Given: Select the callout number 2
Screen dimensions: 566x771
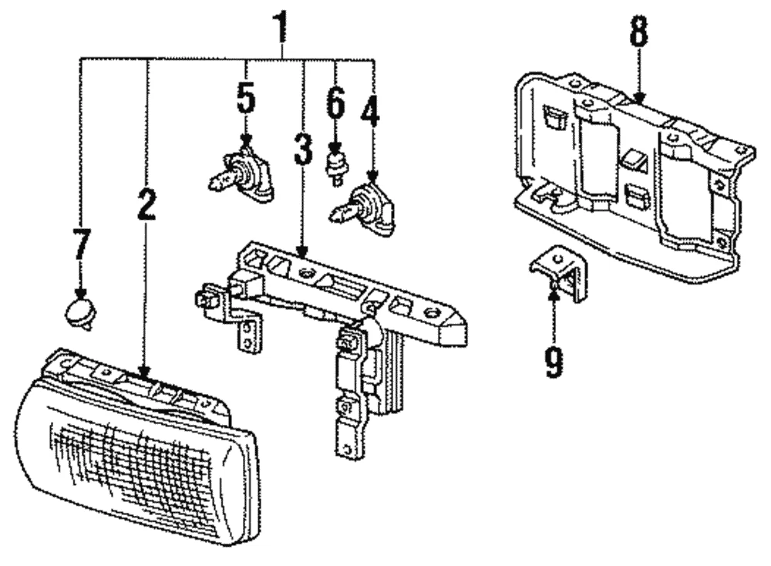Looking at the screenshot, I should pos(146,201).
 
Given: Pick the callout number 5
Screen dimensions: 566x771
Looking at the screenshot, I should pos(245,98).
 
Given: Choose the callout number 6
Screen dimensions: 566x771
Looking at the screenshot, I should pos(335,103).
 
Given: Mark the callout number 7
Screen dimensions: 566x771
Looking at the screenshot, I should pos(80,244).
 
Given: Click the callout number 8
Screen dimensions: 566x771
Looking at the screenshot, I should pos(638,32).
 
